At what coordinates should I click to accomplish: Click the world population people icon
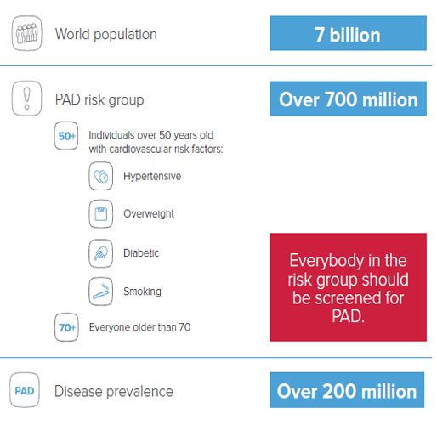(x=26, y=33)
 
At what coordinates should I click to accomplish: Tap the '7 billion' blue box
(x=348, y=33)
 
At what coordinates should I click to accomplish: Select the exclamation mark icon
(x=26, y=99)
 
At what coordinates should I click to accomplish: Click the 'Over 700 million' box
(x=348, y=99)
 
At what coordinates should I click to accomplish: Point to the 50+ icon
(x=66, y=136)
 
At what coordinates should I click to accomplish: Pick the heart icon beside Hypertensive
(x=101, y=176)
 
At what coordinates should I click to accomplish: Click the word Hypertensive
(x=152, y=176)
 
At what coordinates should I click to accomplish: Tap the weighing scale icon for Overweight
(x=101, y=214)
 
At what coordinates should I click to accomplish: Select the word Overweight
(x=149, y=214)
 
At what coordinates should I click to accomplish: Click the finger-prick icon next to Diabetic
(x=101, y=253)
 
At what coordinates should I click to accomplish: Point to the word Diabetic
(x=141, y=252)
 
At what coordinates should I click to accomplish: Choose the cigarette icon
(x=101, y=292)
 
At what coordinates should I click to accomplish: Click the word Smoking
(x=142, y=292)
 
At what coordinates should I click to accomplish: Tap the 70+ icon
(x=66, y=327)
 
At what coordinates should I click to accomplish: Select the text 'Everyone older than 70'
(x=139, y=327)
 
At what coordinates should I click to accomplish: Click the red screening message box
(x=348, y=287)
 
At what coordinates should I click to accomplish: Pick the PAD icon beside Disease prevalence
(x=25, y=390)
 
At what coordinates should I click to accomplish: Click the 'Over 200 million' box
(x=347, y=390)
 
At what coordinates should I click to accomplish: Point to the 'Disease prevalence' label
(x=114, y=391)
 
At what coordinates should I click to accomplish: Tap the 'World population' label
(x=106, y=34)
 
